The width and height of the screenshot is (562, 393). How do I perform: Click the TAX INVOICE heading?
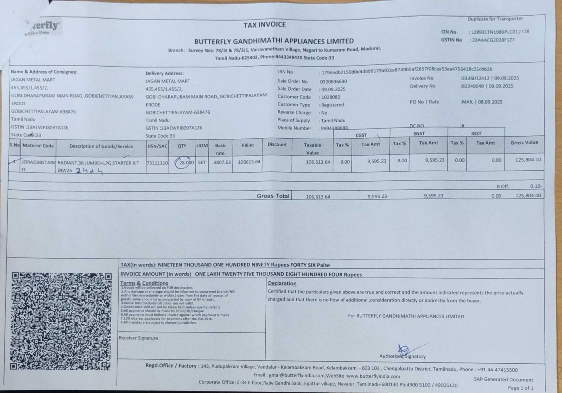click(265, 25)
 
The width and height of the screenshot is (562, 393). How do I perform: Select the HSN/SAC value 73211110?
click(157, 163)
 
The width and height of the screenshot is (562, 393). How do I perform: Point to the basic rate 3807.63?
click(222, 162)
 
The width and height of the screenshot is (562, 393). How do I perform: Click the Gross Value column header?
click(524, 143)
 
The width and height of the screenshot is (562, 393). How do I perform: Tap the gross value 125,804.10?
click(528, 160)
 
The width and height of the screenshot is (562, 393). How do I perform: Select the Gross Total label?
click(273, 196)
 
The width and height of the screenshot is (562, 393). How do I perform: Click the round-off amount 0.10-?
click(536, 186)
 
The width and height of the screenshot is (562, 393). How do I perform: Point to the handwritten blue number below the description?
click(89, 171)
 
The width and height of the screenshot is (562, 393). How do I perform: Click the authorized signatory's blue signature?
click(406, 350)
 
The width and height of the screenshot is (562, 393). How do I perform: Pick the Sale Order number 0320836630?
click(333, 81)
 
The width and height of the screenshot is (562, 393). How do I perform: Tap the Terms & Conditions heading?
click(144, 283)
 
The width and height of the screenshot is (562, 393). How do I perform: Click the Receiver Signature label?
click(139, 338)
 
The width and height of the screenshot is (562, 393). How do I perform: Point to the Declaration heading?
click(282, 283)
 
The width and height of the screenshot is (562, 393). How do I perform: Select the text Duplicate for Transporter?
click(495, 19)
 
